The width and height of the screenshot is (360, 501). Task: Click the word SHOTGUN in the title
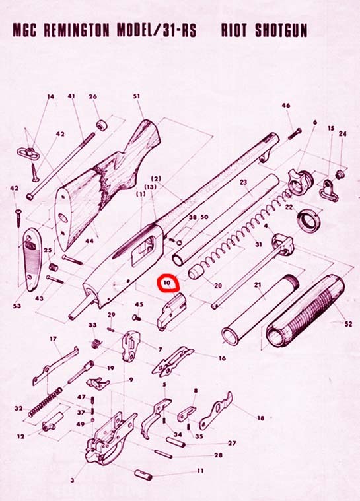point(281,30)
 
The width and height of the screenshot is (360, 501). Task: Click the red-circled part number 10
point(167,283)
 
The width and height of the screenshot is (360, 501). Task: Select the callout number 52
point(348,323)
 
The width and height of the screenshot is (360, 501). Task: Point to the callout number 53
point(17,306)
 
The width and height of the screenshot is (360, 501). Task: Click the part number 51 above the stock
point(137,96)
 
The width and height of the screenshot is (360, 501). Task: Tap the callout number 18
point(260,418)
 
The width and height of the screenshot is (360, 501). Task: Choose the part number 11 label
point(200,471)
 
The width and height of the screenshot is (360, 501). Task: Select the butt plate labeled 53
point(33,259)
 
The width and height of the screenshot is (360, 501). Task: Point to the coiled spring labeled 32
point(45,402)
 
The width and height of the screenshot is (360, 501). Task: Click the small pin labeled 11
point(143,474)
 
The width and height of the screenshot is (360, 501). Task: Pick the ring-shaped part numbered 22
point(308,220)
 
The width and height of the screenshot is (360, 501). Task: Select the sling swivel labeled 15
point(329,189)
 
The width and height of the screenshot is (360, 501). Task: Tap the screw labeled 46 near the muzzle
point(295,133)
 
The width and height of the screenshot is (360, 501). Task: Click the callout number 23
point(244,182)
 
